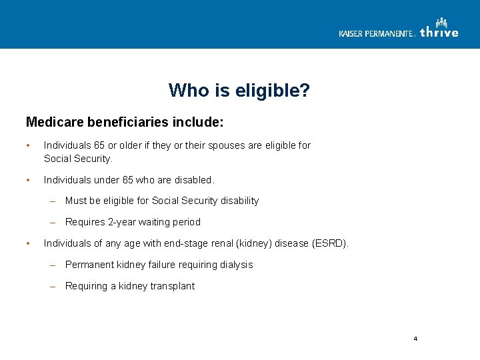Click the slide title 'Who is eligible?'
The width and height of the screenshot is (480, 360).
pyautogui.click(x=239, y=90)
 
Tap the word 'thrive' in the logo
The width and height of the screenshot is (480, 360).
pyautogui.click(x=439, y=33)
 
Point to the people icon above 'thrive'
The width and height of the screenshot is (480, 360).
pyautogui.click(x=441, y=23)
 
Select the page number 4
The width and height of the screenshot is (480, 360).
pyautogui.click(x=415, y=339)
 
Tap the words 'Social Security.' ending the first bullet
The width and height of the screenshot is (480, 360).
pyautogui.click(x=78, y=159)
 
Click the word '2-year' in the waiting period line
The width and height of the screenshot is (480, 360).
pyautogui.click(x=122, y=222)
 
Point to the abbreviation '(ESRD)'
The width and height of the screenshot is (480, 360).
pyautogui.click(x=330, y=243)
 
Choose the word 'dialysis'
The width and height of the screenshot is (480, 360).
pyautogui.click(x=235, y=265)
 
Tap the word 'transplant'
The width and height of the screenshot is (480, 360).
pyautogui.click(x=172, y=286)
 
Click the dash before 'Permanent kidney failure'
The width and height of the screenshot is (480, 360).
pyautogui.click(x=53, y=265)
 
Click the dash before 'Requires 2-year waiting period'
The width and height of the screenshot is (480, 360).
pyautogui.click(x=53, y=222)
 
